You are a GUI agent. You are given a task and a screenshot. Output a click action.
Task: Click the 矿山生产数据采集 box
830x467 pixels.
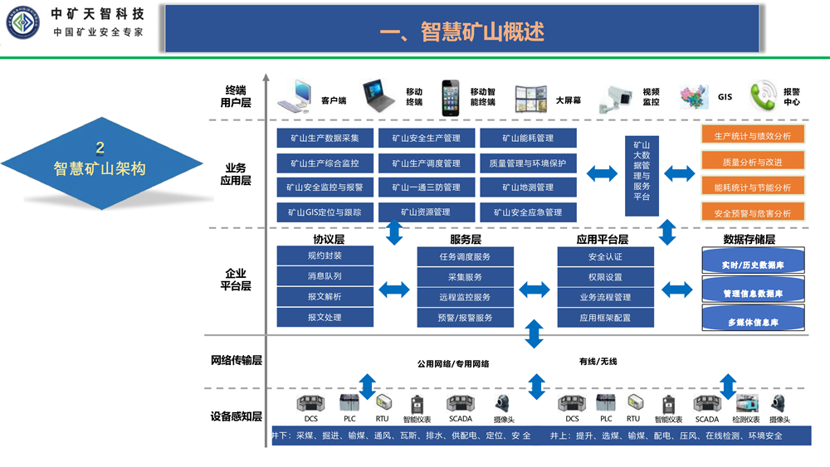point(325,138)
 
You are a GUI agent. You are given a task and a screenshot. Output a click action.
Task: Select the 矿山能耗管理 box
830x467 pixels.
point(528,138)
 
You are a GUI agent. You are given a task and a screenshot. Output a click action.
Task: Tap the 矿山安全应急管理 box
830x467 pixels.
point(528,212)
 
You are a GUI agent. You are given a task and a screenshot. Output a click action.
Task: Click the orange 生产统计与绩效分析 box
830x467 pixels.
point(753,136)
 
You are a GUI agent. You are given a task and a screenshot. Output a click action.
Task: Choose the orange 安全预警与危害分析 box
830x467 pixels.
point(753,213)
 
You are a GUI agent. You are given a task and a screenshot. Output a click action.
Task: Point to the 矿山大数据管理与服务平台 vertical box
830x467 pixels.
point(642,175)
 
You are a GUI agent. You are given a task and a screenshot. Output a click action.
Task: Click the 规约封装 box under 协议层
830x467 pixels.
point(325,255)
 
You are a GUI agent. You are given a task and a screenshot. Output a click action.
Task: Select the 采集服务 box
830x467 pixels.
point(465,277)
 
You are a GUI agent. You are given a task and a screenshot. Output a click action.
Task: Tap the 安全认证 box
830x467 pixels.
point(605,257)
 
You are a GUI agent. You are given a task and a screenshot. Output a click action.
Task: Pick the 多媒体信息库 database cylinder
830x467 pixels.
point(753,321)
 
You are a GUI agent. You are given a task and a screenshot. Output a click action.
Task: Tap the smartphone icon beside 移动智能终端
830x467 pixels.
point(451,97)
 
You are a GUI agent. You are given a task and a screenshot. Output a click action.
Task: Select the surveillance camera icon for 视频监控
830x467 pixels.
point(620,96)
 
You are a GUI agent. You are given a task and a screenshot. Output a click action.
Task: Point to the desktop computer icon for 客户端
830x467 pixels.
point(296,96)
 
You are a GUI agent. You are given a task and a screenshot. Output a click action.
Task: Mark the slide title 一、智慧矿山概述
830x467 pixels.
point(461,32)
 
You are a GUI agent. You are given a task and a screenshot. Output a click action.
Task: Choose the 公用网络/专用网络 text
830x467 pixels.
point(452,363)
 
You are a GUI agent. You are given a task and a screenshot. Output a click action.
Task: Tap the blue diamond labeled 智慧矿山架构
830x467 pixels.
point(100,161)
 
